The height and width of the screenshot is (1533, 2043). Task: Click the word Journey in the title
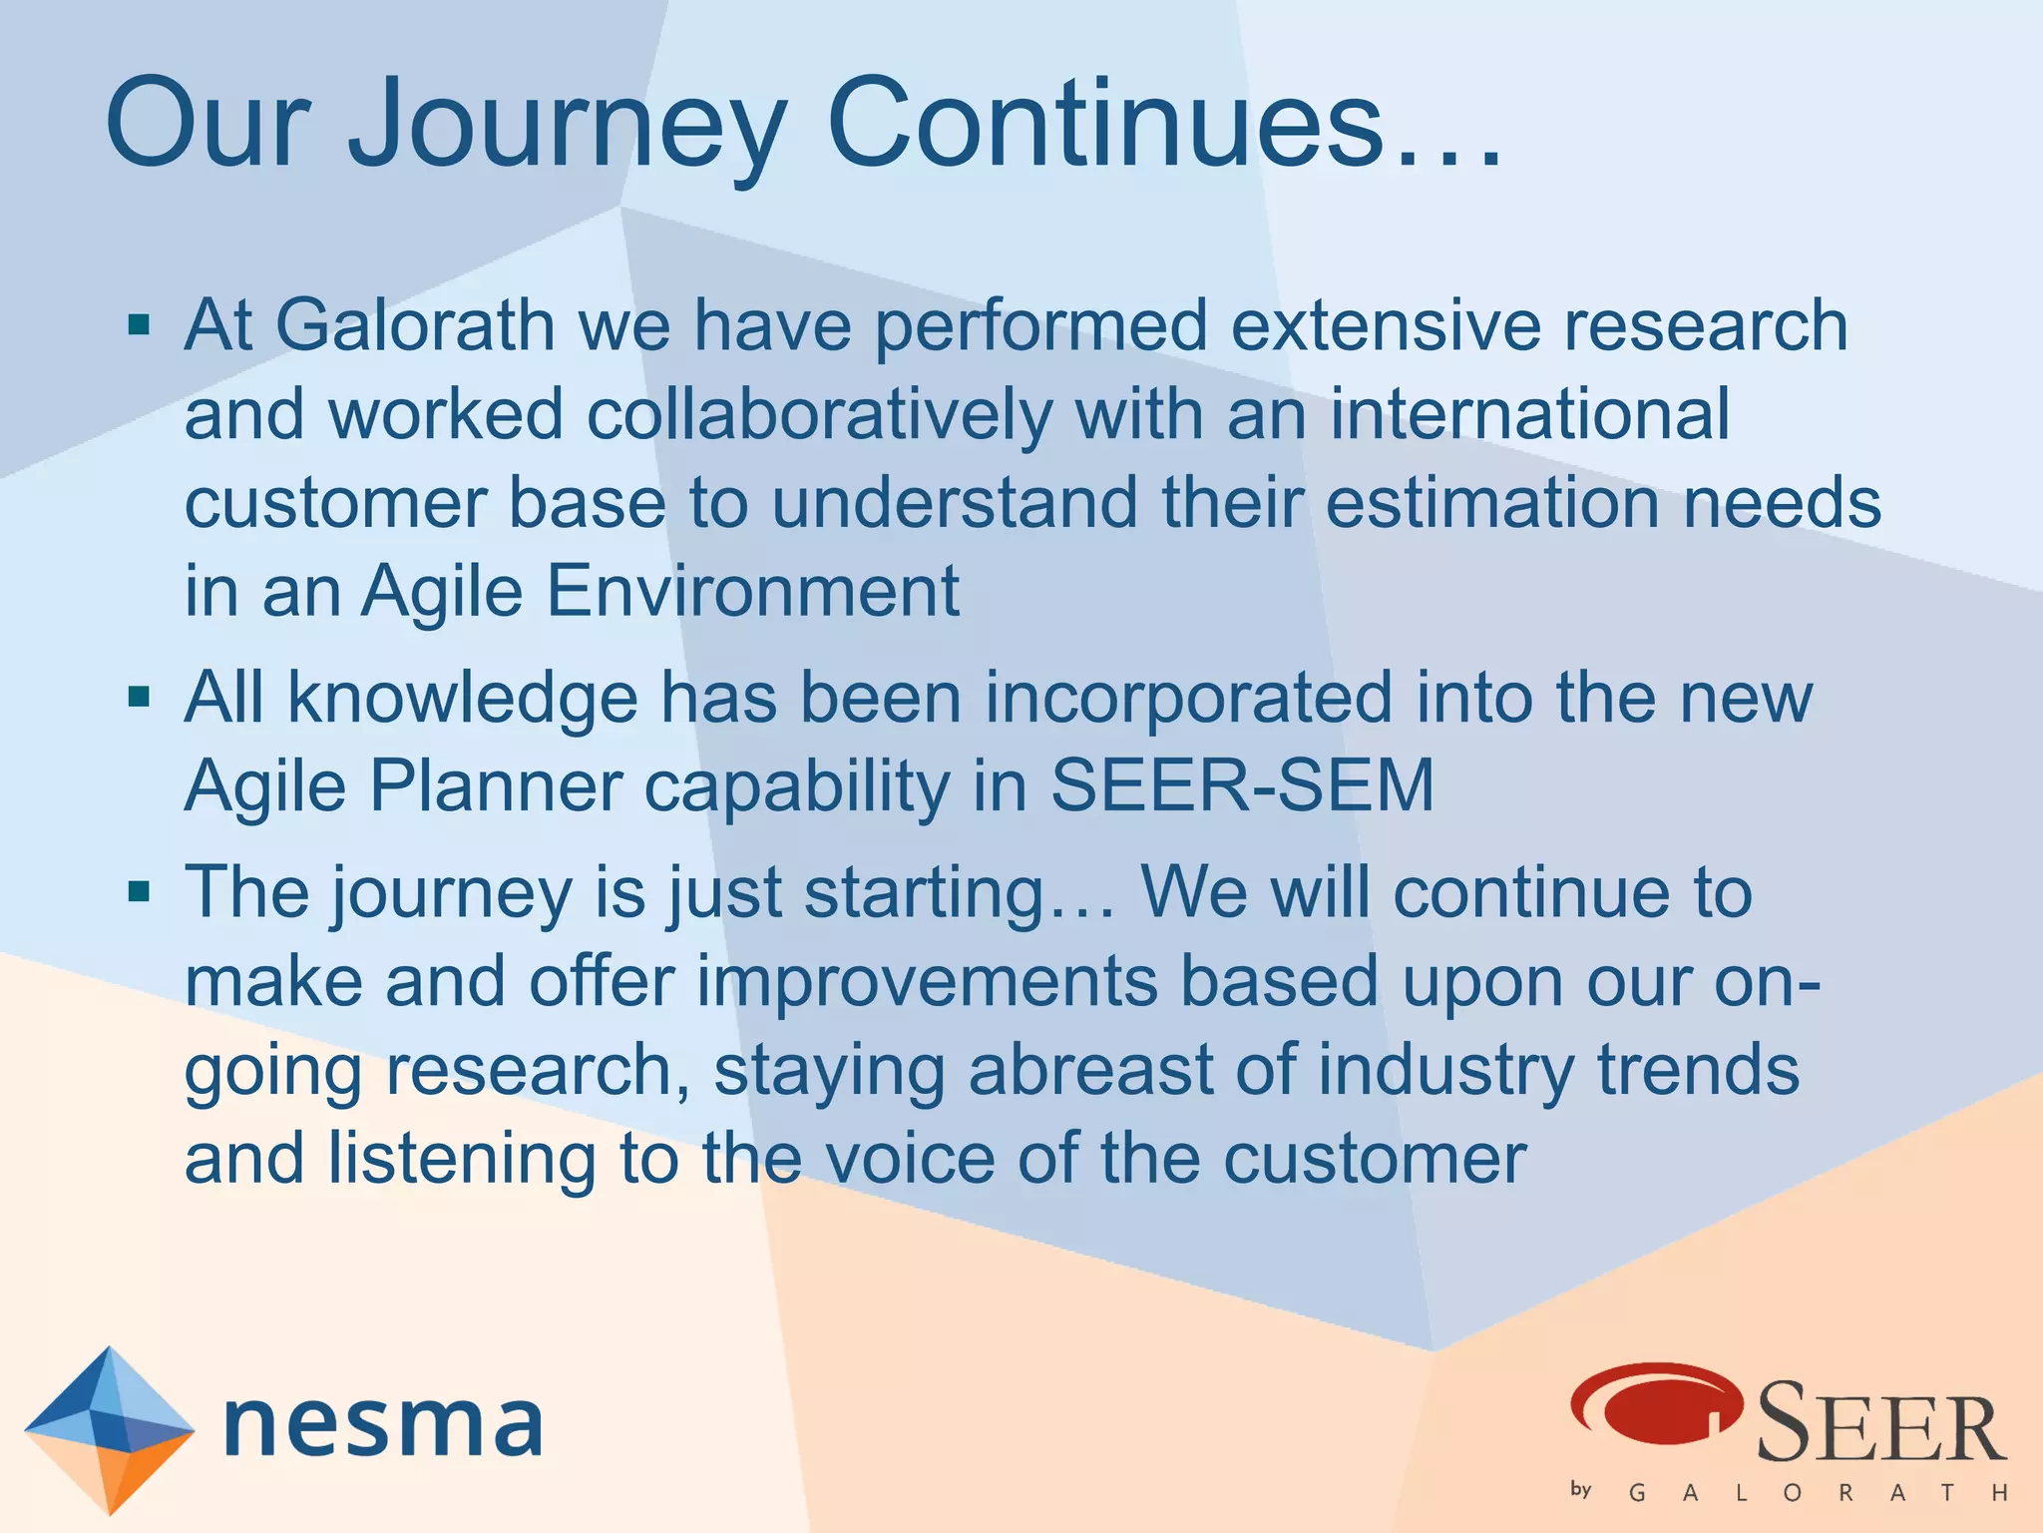tap(567, 125)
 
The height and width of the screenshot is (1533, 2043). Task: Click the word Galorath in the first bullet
tap(415, 325)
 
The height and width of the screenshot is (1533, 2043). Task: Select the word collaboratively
tap(819, 414)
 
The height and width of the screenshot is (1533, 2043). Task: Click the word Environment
tap(752, 591)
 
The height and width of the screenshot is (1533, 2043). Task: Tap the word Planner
tap(496, 786)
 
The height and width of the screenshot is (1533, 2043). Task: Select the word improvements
tap(927, 981)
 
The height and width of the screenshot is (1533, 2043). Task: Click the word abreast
tap(1090, 1070)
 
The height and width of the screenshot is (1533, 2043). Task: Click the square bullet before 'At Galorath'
tap(140, 324)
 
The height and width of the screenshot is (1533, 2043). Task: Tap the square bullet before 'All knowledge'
tap(140, 696)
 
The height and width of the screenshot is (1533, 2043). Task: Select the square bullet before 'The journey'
tap(140, 890)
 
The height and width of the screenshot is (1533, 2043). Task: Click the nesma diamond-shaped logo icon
tap(109, 1429)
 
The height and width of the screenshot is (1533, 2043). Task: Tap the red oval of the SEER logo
tap(1656, 1402)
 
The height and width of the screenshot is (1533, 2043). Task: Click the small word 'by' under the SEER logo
tap(1580, 1489)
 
